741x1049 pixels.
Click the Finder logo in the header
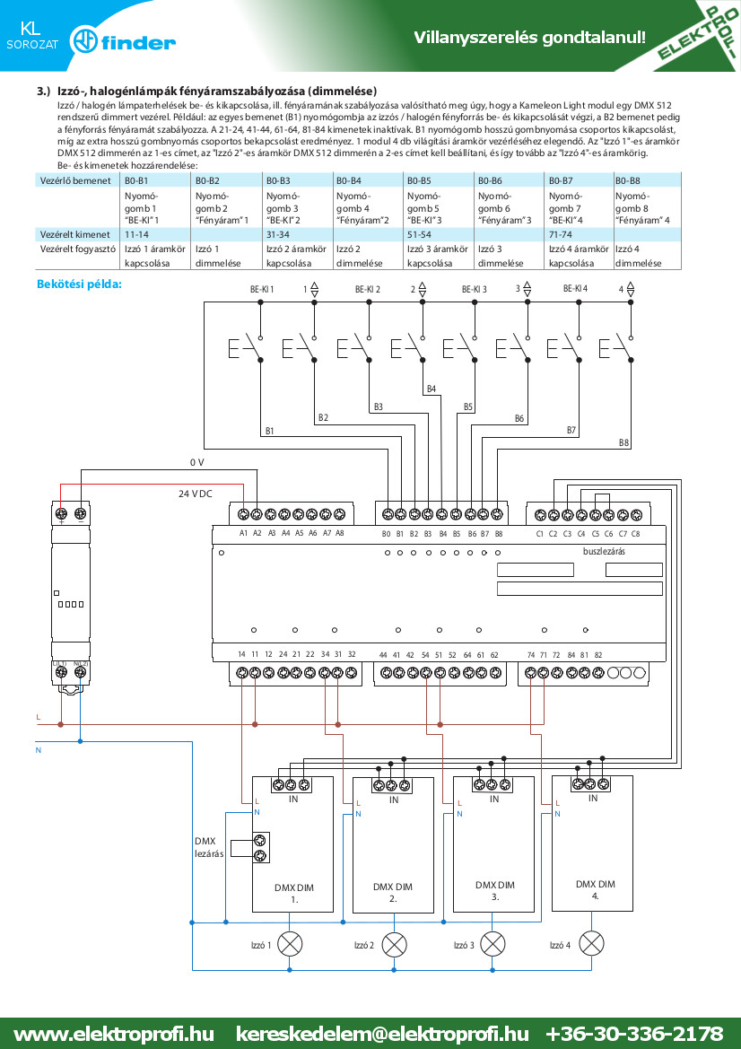click(x=124, y=42)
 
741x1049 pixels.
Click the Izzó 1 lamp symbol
click(x=290, y=944)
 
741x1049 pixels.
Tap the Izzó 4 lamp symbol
click(x=591, y=943)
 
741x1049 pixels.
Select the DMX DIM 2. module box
click(x=393, y=845)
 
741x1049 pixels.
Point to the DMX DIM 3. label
click(x=495, y=890)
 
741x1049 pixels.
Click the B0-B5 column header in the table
click(x=419, y=180)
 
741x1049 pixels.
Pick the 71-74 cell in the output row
click(x=561, y=235)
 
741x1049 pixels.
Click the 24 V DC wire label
click(x=196, y=494)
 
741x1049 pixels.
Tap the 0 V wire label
click(x=196, y=462)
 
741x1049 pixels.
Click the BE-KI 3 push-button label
click(x=475, y=290)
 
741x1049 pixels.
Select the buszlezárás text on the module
click(x=604, y=552)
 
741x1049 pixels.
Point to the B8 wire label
click(x=624, y=443)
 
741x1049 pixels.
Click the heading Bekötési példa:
click(x=80, y=284)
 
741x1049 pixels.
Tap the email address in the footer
click(x=382, y=1034)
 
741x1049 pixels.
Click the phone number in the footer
click(x=634, y=1034)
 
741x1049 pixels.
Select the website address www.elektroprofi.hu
click(x=114, y=1034)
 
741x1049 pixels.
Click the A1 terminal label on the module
click(x=243, y=534)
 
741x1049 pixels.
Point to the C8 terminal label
click(x=635, y=534)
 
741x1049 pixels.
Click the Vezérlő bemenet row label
click(x=75, y=180)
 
